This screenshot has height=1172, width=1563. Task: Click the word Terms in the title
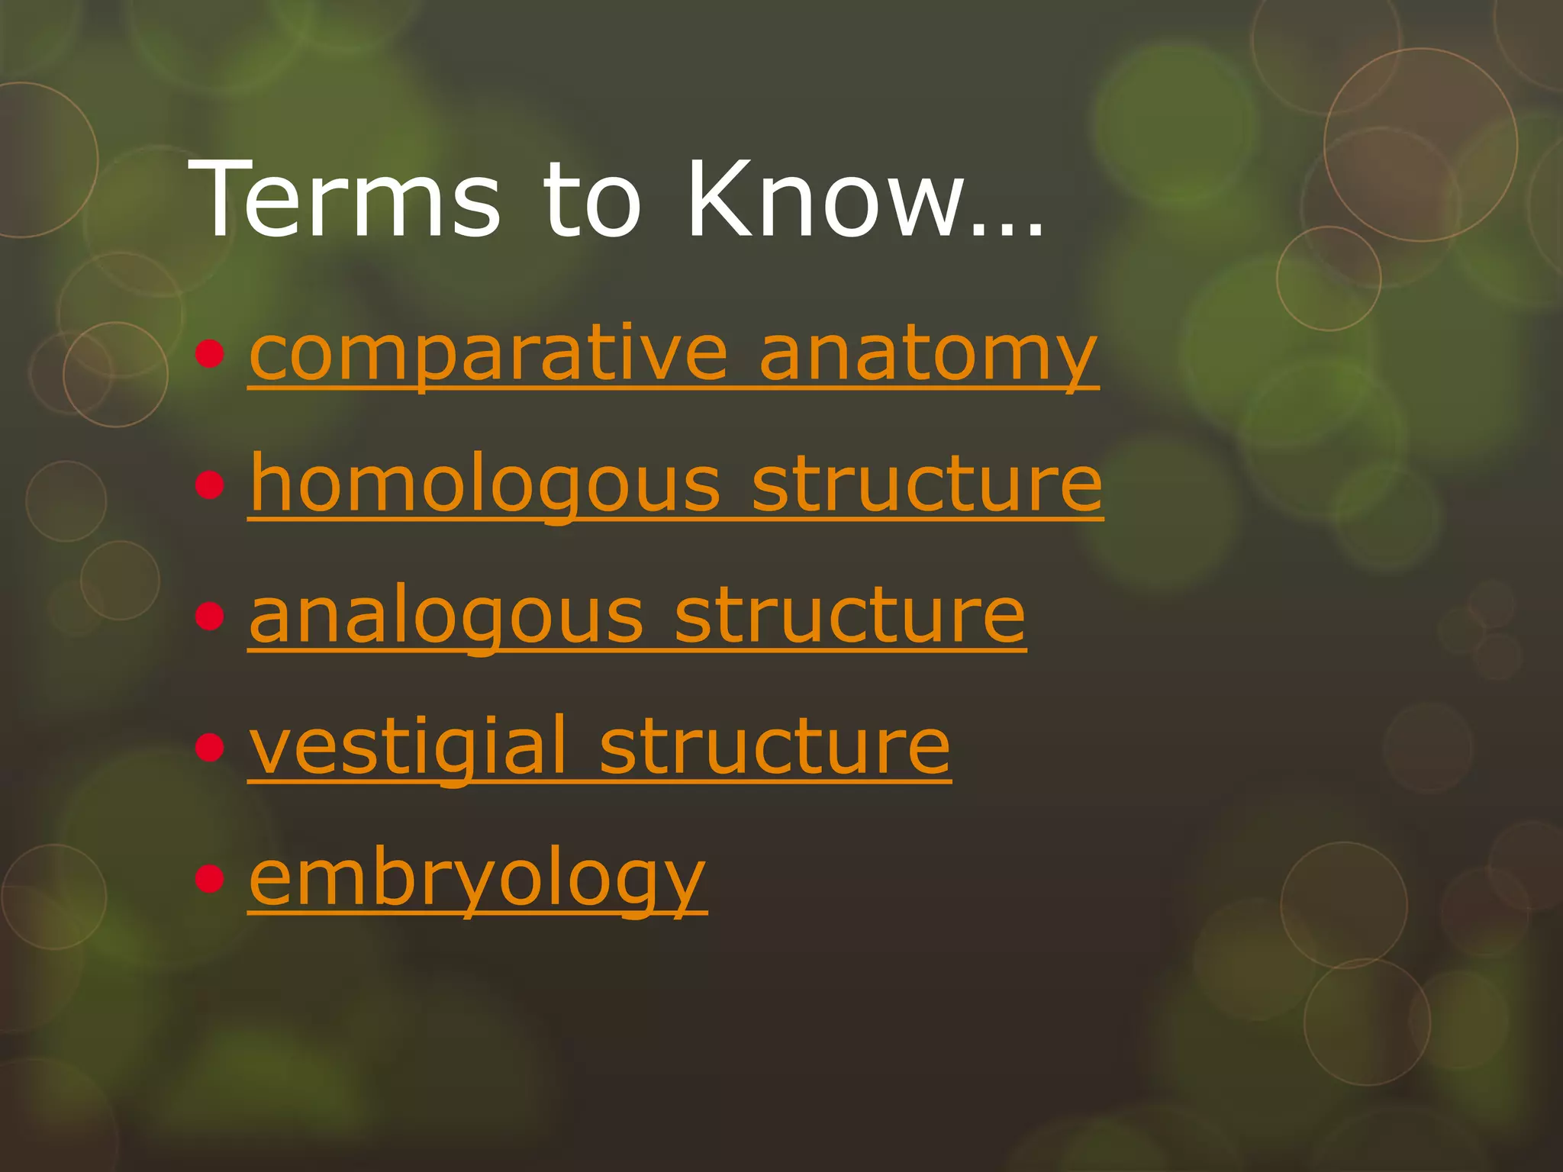pos(345,200)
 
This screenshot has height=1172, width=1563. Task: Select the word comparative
pos(488,355)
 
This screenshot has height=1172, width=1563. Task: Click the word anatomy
pos(928,355)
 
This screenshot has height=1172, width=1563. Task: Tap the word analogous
pos(447,617)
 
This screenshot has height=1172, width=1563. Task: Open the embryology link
pos(478,879)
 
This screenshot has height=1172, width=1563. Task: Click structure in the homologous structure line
pos(927,485)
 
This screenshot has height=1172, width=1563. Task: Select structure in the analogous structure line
pos(850,617)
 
